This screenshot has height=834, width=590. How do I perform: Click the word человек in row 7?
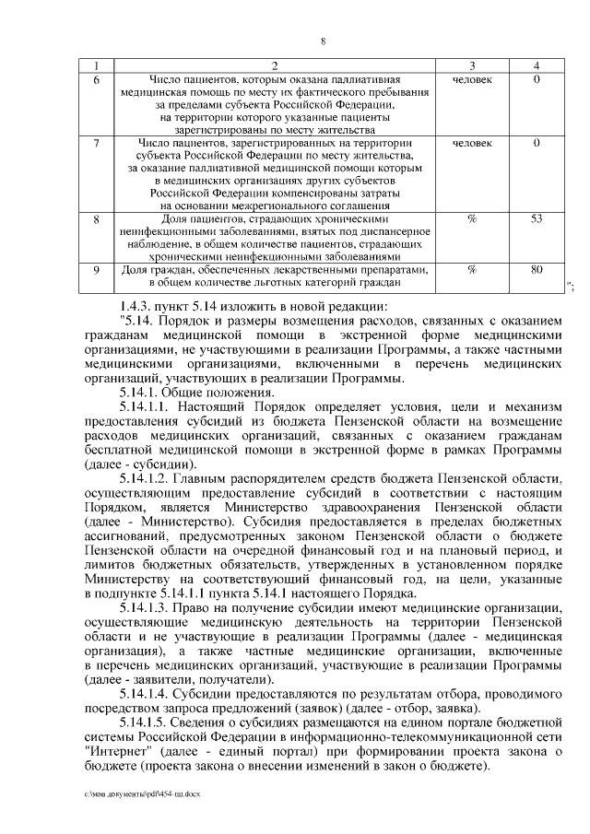(472, 144)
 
